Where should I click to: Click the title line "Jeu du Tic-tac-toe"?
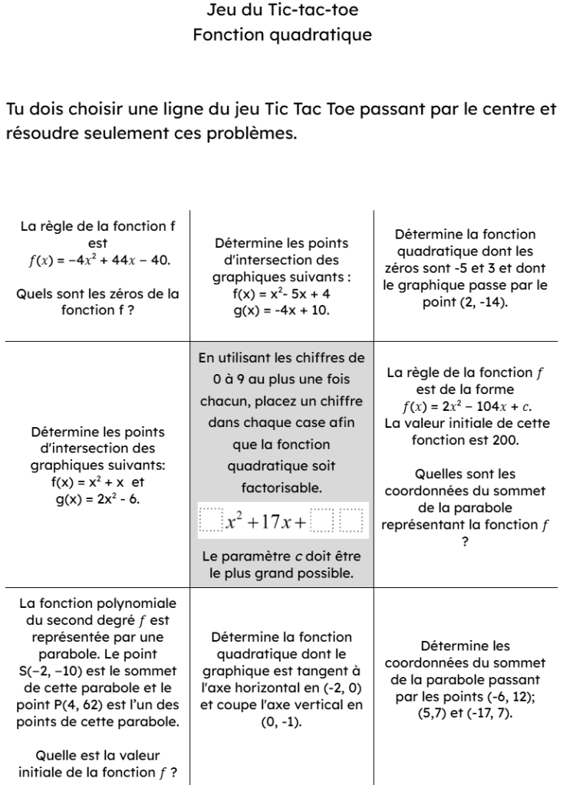pyautogui.click(x=281, y=11)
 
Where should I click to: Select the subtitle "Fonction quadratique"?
pyautogui.click(x=281, y=35)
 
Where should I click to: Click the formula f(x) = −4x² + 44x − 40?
pyautogui.click(x=99, y=260)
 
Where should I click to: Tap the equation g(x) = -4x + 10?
pyautogui.click(x=281, y=310)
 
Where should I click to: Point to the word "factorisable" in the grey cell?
pyautogui.click(x=281, y=487)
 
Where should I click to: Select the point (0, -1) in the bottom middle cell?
pyautogui.click(x=281, y=721)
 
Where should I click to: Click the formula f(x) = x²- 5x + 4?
pyautogui.click(x=281, y=294)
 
